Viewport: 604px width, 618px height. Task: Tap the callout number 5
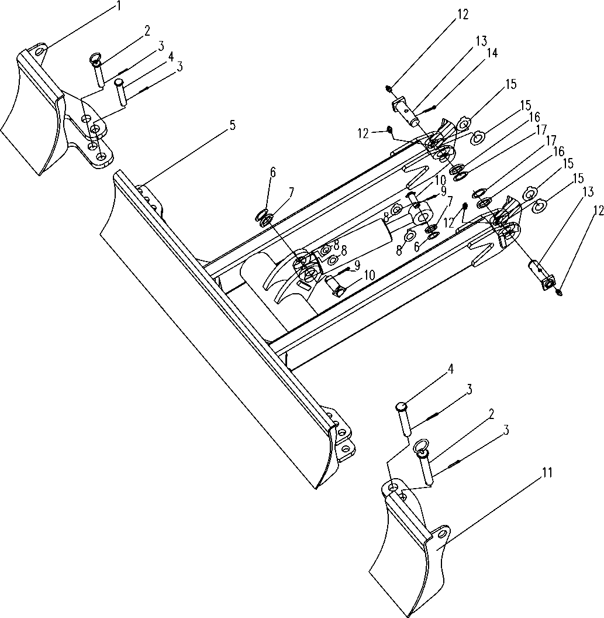pyautogui.click(x=233, y=126)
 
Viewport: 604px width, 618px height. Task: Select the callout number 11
pyautogui.click(x=547, y=473)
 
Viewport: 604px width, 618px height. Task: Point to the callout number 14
pyautogui.click(x=492, y=53)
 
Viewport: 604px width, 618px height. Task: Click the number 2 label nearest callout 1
pyautogui.click(x=147, y=31)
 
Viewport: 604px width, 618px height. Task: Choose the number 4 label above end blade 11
pyautogui.click(x=450, y=369)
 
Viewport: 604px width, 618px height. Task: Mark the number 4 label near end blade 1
pyautogui.click(x=170, y=57)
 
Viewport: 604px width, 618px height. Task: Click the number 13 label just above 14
pyautogui.click(x=481, y=40)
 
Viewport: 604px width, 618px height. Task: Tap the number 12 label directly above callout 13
pyautogui.click(x=463, y=14)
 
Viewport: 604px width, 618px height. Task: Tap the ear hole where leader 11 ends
pyautogui.click(x=443, y=534)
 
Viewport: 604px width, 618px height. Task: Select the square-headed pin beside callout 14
pyautogui.click(x=406, y=110)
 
